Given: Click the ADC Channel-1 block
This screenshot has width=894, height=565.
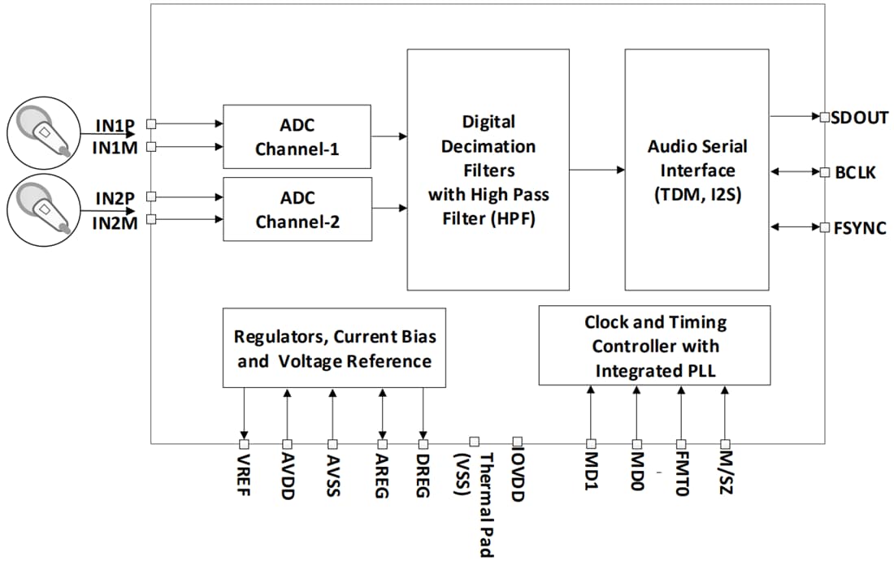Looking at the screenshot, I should [x=297, y=136].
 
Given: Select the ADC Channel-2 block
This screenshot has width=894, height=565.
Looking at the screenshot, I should [x=297, y=209].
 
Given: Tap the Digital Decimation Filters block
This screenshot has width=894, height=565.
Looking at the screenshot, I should [x=488, y=170].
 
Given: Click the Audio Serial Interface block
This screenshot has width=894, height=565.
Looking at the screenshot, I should [x=697, y=170].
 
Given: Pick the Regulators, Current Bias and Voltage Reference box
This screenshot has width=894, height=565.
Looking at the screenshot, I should [x=334, y=347].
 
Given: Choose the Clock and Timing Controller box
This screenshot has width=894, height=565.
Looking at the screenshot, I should [x=654, y=345].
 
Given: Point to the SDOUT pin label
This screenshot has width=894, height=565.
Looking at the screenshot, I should [x=859, y=117].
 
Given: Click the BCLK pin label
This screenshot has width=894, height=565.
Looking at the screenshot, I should [x=855, y=172].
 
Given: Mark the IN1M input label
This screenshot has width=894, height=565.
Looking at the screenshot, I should [x=115, y=148].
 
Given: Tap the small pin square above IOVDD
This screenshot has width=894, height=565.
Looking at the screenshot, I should [x=517, y=441].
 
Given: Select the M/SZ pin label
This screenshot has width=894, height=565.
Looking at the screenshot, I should [x=725, y=472].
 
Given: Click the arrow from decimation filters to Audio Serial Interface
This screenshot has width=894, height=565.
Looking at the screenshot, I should [x=597, y=170].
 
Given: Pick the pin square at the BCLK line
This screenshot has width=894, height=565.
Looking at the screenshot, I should [x=824, y=172].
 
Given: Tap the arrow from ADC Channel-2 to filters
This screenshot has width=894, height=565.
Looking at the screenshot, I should [x=389, y=209].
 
